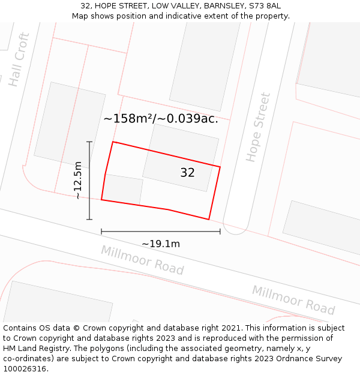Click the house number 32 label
pyautogui.click(x=187, y=173)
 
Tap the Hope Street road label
pyautogui.click(x=259, y=127)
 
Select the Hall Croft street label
pyautogui.click(x=19, y=59)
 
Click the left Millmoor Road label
pyautogui.click(x=142, y=260)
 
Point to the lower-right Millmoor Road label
pyautogui.click(x=293, y=300)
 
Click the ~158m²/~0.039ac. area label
pyautogui.click(x=160, y=119)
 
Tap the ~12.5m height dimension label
pyautogui.click(x=78, y=180)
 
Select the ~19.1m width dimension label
pyautogui.click(x=161, y=244)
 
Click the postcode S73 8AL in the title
pyautogui.click(x=265, y=5)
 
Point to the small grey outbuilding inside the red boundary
pyautogui.click(x=123, y=190)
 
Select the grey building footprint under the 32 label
pyautogui.click(x=180, y=158)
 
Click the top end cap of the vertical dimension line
pyautogui.click(x=89, y=142)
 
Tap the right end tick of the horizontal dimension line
pyautogui.click(x=220, y=231)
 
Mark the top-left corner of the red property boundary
pyautogui.click(x=113, y=142)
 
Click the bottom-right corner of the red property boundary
pyautogui.click(x=209, y=220)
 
